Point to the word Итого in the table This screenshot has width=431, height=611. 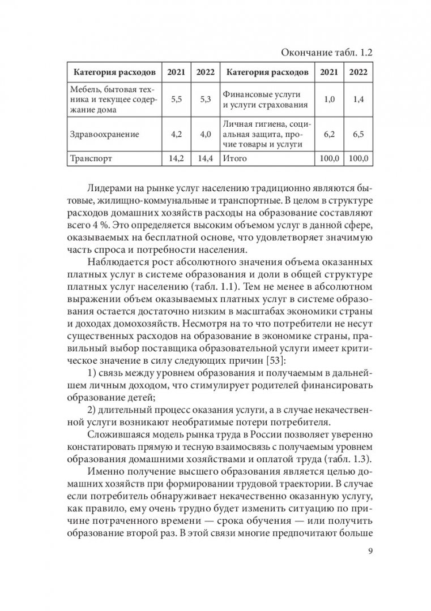pos(235,158)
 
